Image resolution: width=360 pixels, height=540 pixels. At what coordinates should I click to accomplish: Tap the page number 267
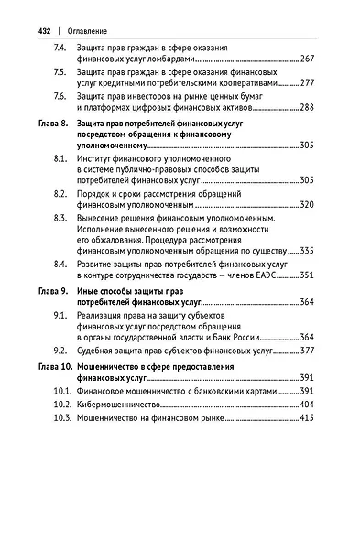coord(307,59)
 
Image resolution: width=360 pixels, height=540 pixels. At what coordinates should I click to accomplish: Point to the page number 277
coord(307,83)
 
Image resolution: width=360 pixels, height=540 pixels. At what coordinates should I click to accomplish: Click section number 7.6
coord(60,96)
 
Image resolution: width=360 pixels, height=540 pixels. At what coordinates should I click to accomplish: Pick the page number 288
coord(307,108)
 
